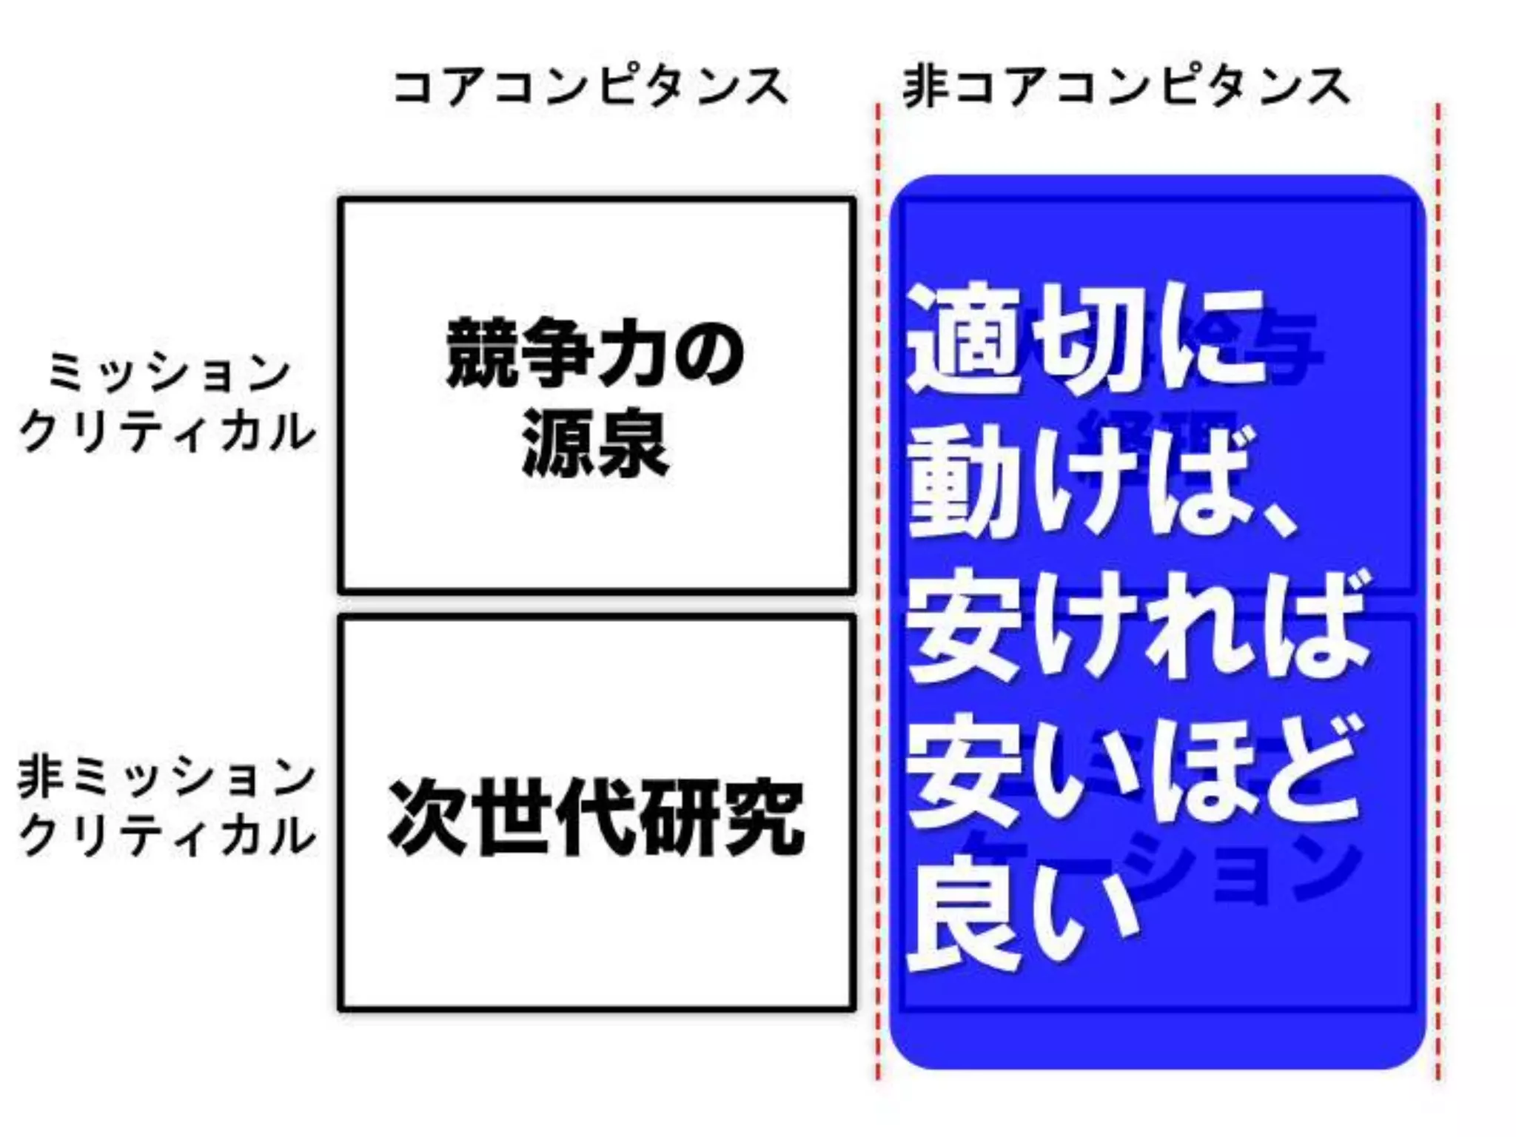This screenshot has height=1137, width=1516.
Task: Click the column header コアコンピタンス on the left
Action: tap(591, 87)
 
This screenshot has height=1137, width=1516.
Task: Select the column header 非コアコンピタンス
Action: tap(1125, 87)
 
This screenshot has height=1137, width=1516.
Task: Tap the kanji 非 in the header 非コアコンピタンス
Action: tap(925, 87)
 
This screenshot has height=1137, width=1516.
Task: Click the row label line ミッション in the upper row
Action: tap(169, 372)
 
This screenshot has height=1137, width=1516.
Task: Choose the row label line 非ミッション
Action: tap(167, 777)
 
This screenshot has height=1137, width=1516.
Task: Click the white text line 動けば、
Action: tap(1103, 485)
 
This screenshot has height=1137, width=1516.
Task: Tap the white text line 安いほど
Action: tap(1133, 774)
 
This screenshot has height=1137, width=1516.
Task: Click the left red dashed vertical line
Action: tap(879, 592)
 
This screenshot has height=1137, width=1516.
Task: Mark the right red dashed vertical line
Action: tap(1438, 592)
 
